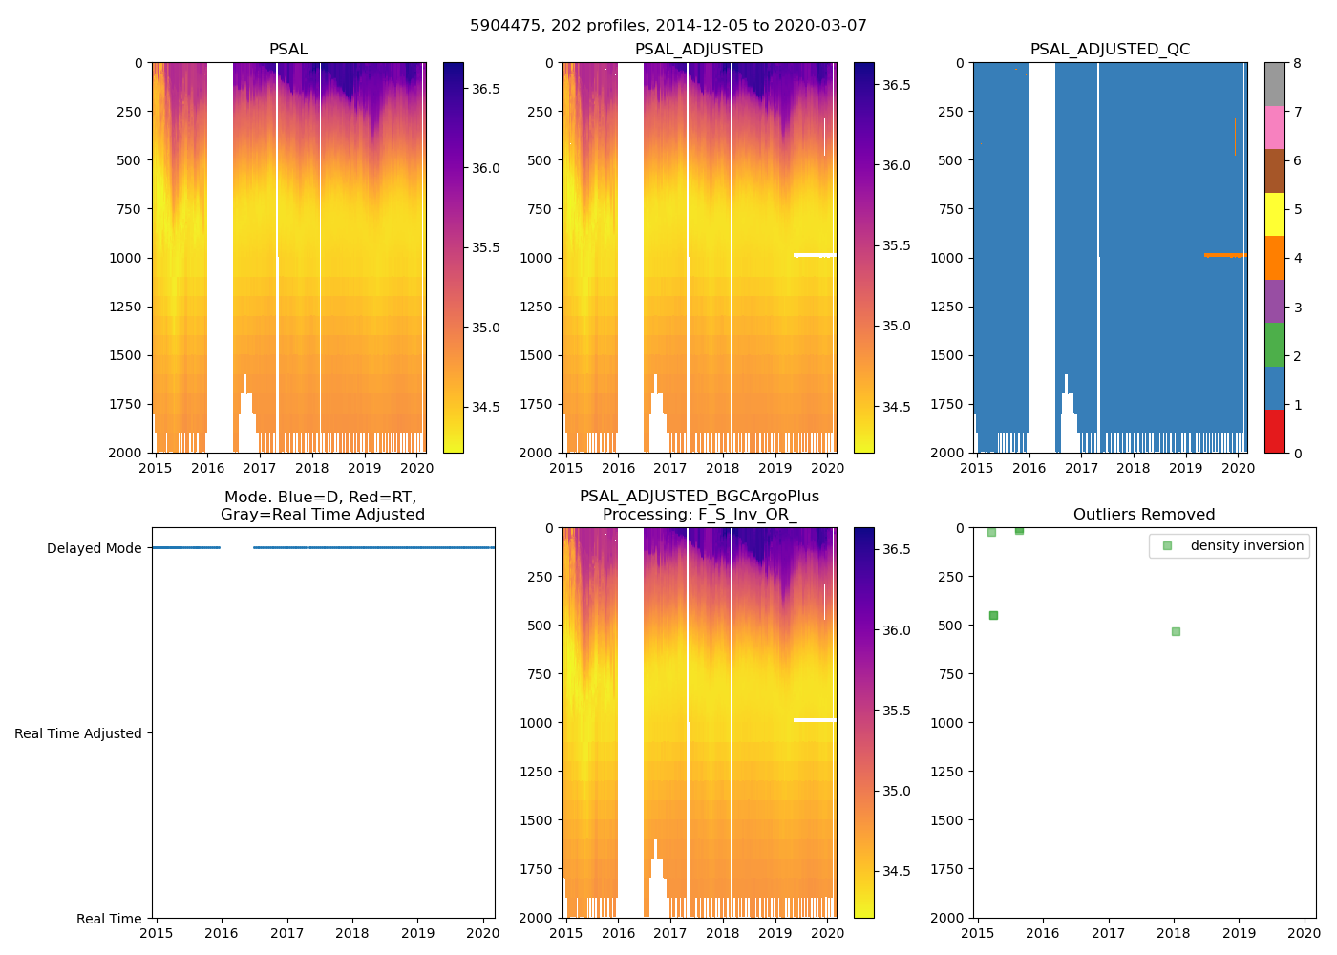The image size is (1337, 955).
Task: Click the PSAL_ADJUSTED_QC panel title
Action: [1110, 49]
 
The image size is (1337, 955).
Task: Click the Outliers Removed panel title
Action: [1144, 514]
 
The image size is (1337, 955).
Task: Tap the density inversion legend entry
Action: [1246, 545]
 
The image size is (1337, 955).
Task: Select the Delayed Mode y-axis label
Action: [94, 548]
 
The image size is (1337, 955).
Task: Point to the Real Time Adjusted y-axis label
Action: [77, 733]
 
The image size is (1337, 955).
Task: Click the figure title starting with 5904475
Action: [668, 25]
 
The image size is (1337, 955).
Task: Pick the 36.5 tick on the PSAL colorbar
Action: [486, 89]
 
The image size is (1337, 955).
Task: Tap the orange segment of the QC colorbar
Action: [1274, 258]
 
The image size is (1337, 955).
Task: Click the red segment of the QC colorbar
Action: [1274, 431]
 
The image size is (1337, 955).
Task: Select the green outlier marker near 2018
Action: [1176, 631]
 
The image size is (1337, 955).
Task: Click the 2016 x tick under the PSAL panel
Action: [207, 468]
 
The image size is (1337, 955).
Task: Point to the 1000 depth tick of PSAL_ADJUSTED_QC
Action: [952, 258]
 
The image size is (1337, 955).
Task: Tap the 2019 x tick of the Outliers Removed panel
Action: [1240, 933]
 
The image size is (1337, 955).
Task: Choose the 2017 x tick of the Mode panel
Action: [286, 933]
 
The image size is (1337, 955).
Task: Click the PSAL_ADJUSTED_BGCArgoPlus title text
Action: [699, 497]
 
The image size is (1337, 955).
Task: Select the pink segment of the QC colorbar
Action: [1274, 127]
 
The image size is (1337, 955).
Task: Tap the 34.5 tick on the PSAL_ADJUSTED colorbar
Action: [897, 407]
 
